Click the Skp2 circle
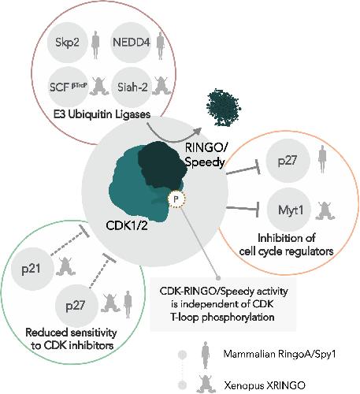(67, 43)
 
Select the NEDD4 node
(131, 43)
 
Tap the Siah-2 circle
(132, 87)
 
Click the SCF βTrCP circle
(68, 87)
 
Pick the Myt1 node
(289, 210)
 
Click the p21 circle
(32, 269)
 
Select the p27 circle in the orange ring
(288, 161)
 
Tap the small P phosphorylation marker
(176, 199)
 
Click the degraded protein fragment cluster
(224, 107)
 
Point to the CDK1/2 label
(127, 225)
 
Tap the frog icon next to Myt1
(325, 211)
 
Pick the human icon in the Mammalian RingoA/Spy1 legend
(206, 355)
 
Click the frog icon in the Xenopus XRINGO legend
(207, 385)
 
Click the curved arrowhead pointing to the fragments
(198, 131)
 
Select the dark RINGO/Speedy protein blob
(161, 165)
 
